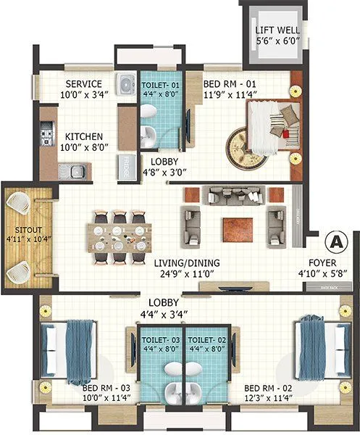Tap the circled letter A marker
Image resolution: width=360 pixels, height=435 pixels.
(x=335, y=240)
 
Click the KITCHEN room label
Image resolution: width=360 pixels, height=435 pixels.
(x=84, y=136)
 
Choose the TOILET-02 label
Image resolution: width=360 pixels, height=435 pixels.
(x=205, y=339)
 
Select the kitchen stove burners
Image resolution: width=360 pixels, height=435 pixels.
(x=47, y=136)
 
